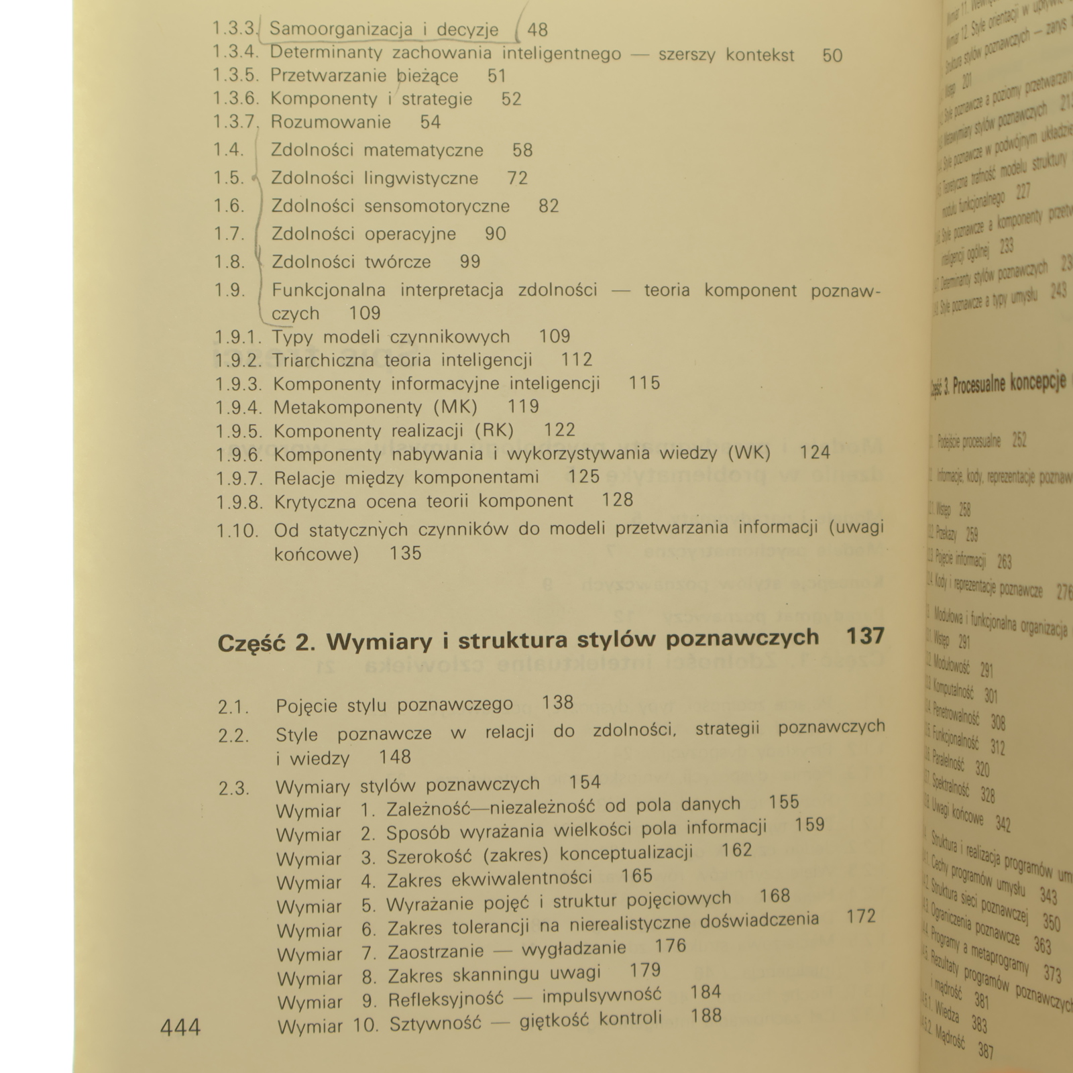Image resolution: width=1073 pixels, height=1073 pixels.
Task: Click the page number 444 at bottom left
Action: [x=180, y=1028]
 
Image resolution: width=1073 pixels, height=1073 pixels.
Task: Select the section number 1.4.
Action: [x=229, y=150]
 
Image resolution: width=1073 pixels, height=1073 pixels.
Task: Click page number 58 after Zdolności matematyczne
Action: [x=522, y=150]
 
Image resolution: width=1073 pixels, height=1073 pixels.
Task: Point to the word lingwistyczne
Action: [x=421, y=178]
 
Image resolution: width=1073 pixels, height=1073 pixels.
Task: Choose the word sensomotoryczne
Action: [x=437, y=207]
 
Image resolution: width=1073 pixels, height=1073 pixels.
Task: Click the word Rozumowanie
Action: [x=331, y=122]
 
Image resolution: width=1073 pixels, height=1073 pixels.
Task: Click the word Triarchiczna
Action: [x=323, y=361]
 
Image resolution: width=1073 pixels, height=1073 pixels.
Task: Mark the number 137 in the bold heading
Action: [x=865, y=636]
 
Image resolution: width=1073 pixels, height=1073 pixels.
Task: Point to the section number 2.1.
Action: [x=233, y=707]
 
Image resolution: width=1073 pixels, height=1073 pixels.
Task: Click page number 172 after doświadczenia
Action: [x=860, y=917]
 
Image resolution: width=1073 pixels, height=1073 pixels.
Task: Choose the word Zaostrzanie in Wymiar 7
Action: [x=435, y=952]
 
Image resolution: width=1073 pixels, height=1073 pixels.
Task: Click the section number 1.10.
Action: [x=237, y=532]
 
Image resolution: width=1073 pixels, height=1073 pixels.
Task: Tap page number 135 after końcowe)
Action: [x=405, y=554]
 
